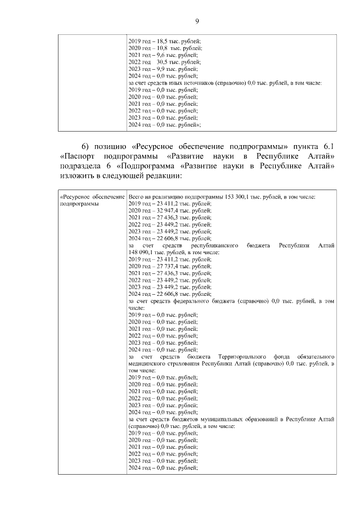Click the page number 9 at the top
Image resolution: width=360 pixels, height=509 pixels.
[x=197, y=21]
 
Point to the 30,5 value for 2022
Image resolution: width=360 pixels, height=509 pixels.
[x=164, y=62]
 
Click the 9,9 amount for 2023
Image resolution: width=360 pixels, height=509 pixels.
[x=161, y=69]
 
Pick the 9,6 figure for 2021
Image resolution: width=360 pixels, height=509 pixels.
[x=161, y=56]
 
